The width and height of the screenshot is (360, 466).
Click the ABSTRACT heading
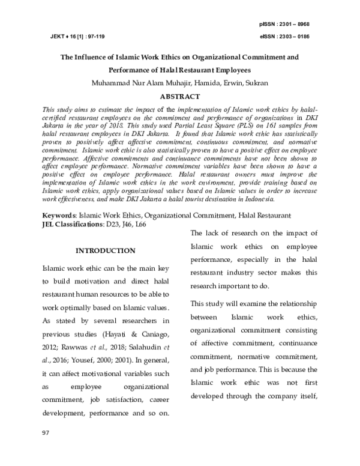pyautogui.click(x=179, y=95)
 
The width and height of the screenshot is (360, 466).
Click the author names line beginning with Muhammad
pyautogui.click(x=179, y=83)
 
